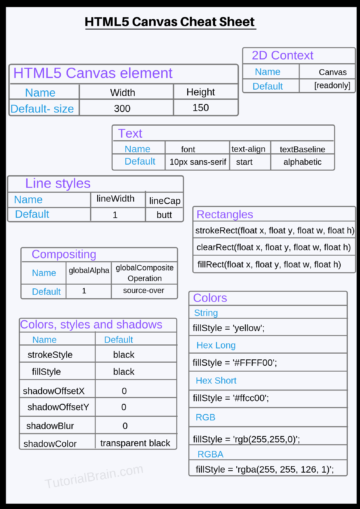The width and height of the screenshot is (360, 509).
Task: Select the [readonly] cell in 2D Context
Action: (331, 87)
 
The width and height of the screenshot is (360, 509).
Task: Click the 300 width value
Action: (122, 108)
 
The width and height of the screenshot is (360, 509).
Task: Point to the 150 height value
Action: (199, 108)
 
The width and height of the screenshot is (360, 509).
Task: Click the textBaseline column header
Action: (302, 148)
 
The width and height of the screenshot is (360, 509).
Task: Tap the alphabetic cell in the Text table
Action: (302, 161)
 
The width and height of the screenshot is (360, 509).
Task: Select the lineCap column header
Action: (164, 201)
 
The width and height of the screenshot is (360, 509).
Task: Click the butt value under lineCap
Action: (164, 215)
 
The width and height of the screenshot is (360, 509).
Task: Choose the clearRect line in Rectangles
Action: (272, 247)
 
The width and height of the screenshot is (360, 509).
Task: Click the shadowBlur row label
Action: (52, 425)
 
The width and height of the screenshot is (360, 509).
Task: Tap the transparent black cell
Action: (134, 443)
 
